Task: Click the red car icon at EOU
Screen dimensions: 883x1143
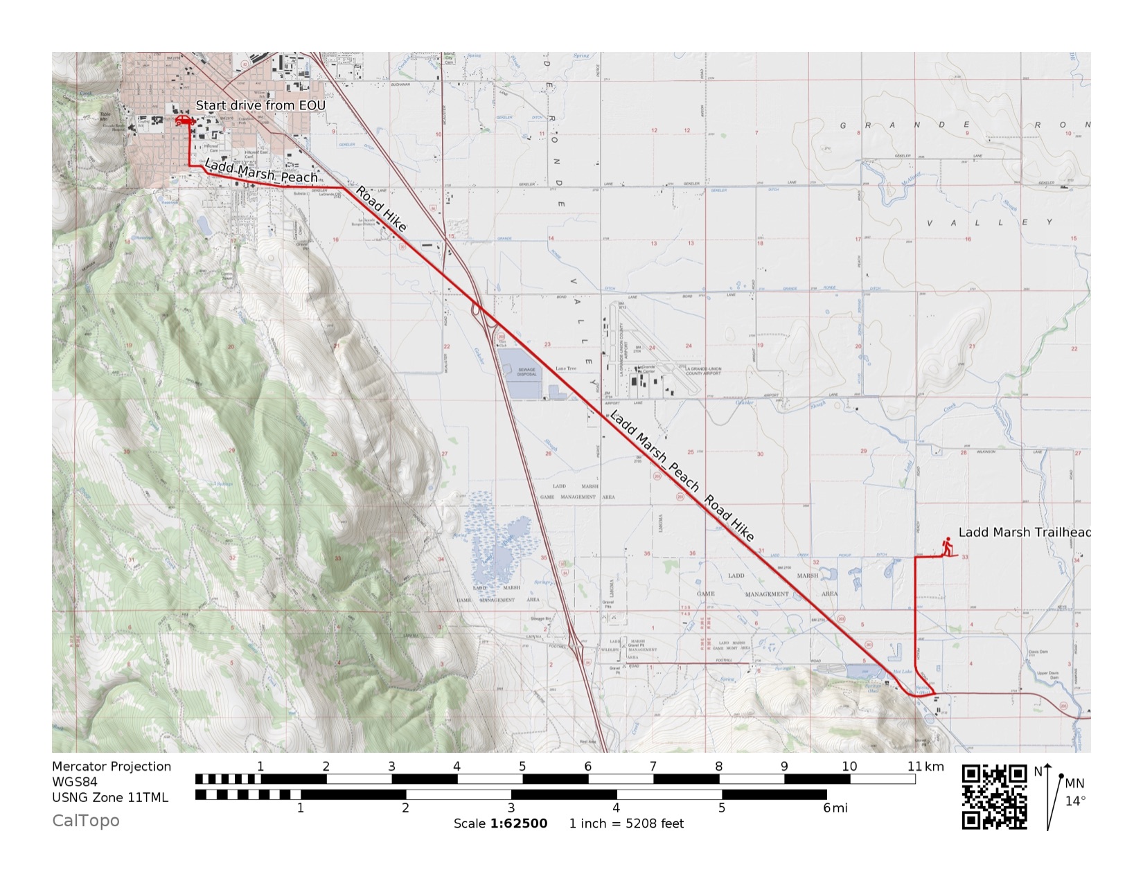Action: (x=183, y=121)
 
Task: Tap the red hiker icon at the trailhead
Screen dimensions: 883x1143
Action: (x=946, y=547)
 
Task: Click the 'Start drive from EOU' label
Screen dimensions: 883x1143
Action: (x=260, y=105)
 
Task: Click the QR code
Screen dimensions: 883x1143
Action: (x=994, y=796)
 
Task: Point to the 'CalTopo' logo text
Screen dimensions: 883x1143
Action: (x=86, y=821)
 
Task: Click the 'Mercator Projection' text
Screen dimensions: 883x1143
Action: (x=112, y=766)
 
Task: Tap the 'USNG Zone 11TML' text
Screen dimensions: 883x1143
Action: (x=110, y=797)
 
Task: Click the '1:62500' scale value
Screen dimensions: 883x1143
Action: (x=519, y=823)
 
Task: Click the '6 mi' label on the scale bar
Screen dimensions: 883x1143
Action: (x=835, y=808)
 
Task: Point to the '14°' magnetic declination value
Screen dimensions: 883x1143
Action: (x=1075, y=801)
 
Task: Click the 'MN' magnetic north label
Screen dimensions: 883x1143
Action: (x=1074, y=783)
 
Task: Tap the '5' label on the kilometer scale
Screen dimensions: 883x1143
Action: (x=522, y=766)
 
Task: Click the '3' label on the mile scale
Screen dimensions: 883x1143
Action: (x=511, y=808)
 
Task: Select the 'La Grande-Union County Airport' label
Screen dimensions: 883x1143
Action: (x=703, y=371)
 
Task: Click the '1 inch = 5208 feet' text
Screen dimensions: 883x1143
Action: (x=626, y=823)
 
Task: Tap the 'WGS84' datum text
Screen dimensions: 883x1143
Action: (x=75, y=782)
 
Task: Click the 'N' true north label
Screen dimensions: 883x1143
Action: (x=1038, y=771)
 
